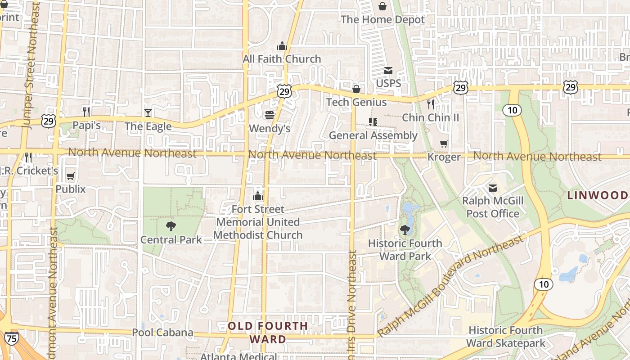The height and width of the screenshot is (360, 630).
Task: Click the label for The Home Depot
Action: (x=382, y=20)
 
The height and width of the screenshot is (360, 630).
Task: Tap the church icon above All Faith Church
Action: (x=282, y=46)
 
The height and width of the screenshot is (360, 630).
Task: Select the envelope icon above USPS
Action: (x=388, y=71)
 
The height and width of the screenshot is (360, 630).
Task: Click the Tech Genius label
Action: (x=356, y=102)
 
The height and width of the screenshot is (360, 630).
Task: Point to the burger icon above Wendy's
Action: (x=270, y=116)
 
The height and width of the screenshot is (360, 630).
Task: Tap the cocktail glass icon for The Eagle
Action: (x=148, y=112)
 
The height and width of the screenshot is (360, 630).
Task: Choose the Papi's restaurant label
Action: (x=86, y=126)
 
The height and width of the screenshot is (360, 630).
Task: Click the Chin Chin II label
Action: (x=431, y=117)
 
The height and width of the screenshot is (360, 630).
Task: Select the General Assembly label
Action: (x=373, y=135)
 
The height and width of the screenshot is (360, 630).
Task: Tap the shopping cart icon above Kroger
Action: (x=444, y=144)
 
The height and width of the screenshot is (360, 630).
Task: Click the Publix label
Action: (x=71, y=189)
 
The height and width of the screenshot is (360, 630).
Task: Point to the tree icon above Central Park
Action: (x=171, y=226)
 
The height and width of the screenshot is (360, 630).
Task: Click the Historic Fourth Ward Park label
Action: (x=405, y=250)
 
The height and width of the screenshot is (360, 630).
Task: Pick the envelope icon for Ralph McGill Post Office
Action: (x=493, y=188)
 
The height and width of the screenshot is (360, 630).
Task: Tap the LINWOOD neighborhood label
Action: (x=598, y=195)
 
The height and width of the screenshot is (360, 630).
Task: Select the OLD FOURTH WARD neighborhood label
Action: (x=268, y=332)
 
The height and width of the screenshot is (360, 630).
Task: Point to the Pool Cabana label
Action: (x=162, y=333)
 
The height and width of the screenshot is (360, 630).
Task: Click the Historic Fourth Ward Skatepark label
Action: (x=506, y=337)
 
